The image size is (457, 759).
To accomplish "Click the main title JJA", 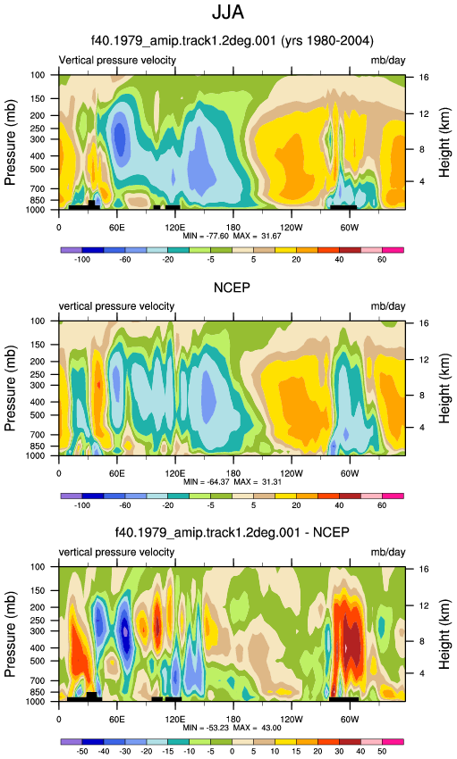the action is [228, 13].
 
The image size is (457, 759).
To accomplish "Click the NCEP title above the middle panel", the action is [233, 288].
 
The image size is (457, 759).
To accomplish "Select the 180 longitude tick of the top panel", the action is [233, 228].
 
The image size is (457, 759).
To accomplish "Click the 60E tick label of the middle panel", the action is [117, 474].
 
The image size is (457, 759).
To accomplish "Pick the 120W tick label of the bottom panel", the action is [292, 720].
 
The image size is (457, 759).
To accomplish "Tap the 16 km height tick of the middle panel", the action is [424, 323].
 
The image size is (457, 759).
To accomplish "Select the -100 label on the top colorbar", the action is [82, 260].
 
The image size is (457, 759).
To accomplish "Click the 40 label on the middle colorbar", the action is [339, 505].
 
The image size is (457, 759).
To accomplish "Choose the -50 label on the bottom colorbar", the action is [82, 751].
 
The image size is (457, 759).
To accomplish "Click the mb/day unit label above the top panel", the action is [388, 61].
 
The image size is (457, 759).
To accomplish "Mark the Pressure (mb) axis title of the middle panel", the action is [10, 388].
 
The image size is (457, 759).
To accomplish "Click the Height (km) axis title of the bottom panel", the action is [444, 635].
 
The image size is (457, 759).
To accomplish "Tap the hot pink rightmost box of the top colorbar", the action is [393, 250].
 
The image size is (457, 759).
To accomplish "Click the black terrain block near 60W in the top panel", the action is [343, 207].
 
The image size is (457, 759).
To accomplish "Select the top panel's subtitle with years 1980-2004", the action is [233, 41].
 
